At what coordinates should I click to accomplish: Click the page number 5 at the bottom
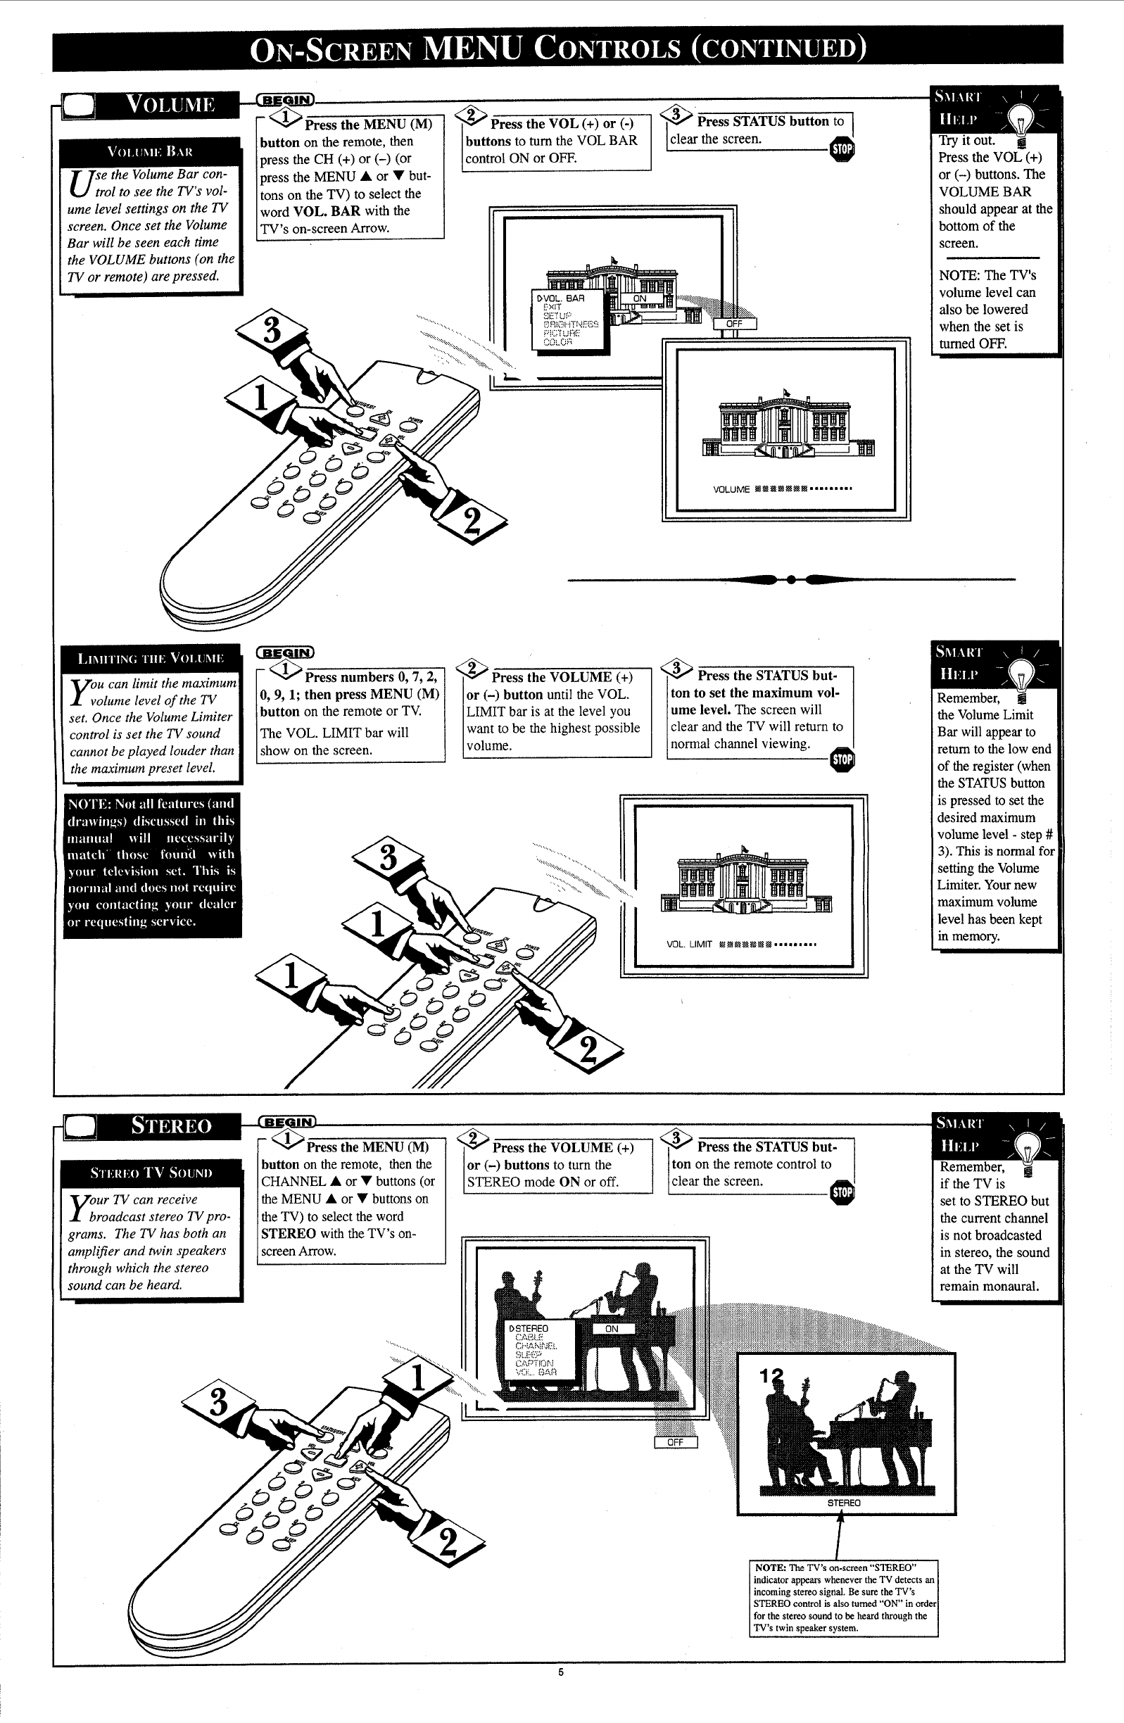(x=560, y=1672)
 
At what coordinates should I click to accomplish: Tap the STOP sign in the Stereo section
(x=842, y=1192)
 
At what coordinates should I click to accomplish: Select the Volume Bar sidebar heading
(x=150, y=151)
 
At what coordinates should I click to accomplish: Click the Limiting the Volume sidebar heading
(x=151, y=658)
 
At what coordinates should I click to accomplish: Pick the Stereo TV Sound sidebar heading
(x=151, y=1172)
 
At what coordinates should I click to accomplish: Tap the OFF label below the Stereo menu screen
(x=675, y=1442)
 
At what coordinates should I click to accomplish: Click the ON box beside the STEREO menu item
(x=612, y=1328)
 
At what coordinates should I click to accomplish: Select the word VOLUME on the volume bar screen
(x=731, y=489)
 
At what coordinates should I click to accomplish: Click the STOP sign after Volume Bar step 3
(x=842, y=149)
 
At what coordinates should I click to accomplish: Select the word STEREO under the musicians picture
(x=844, y=1502)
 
